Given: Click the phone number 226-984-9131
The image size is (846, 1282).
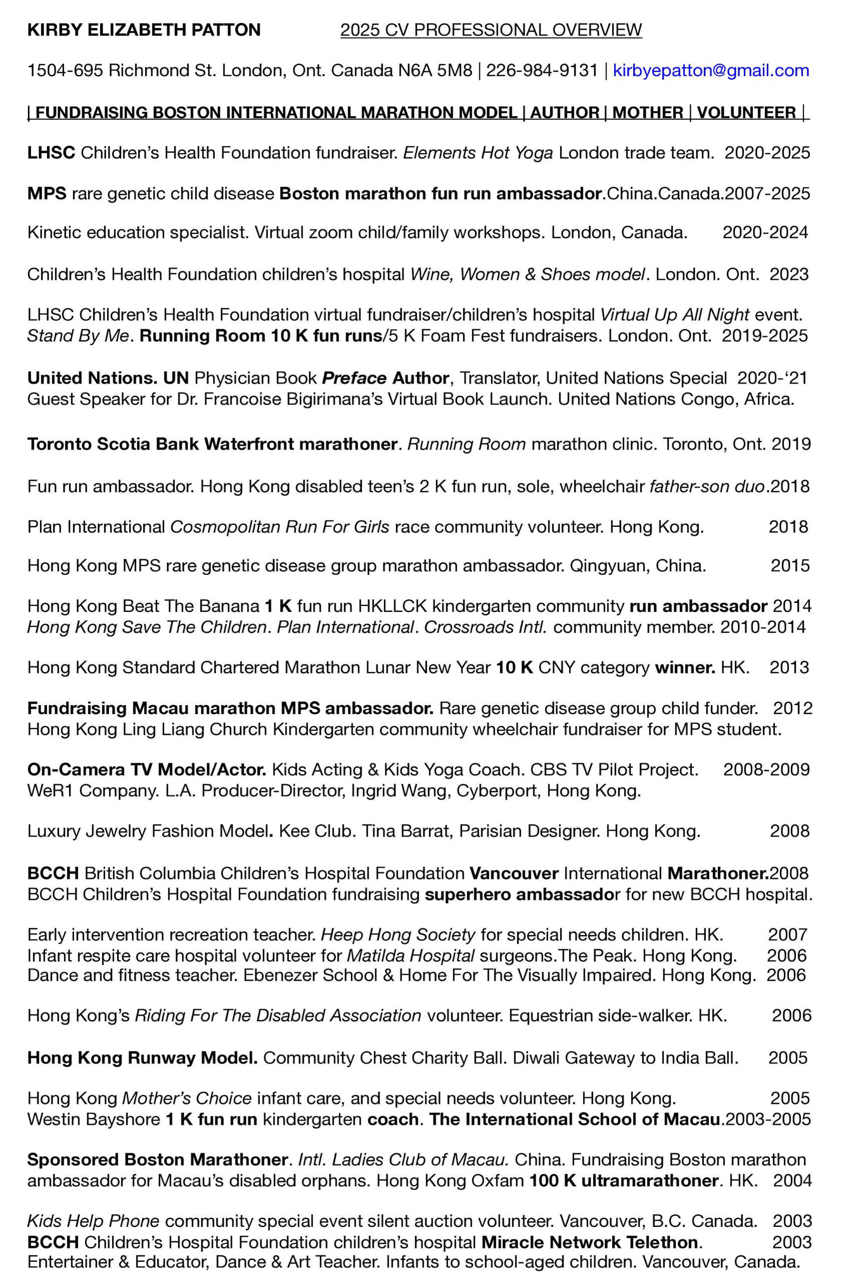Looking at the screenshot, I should (x=542, y=70).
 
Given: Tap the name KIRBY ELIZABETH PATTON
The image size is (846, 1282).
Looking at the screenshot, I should (x=144, y=30).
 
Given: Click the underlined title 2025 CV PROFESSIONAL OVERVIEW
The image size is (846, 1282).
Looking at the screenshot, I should (x=491, y=30).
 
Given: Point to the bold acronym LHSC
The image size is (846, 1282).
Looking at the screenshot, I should (x=51, y=153).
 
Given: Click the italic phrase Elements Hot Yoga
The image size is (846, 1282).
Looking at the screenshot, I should (x=478, y=153).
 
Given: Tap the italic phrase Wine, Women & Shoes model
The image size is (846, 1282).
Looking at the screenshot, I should (x=527, y=274).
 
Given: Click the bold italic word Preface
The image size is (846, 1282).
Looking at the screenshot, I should (x=354, y=378).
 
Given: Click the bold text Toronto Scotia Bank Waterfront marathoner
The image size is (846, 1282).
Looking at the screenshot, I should (x=212, y=444).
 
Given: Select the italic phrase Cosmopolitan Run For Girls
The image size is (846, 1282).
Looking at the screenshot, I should (x=279, y=526).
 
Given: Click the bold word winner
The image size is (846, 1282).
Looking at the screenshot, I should (x=685, y=667).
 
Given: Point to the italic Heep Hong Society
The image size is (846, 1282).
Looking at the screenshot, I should (x=398, y=934).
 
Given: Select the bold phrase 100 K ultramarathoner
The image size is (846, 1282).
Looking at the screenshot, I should (x=624, y=1181).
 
